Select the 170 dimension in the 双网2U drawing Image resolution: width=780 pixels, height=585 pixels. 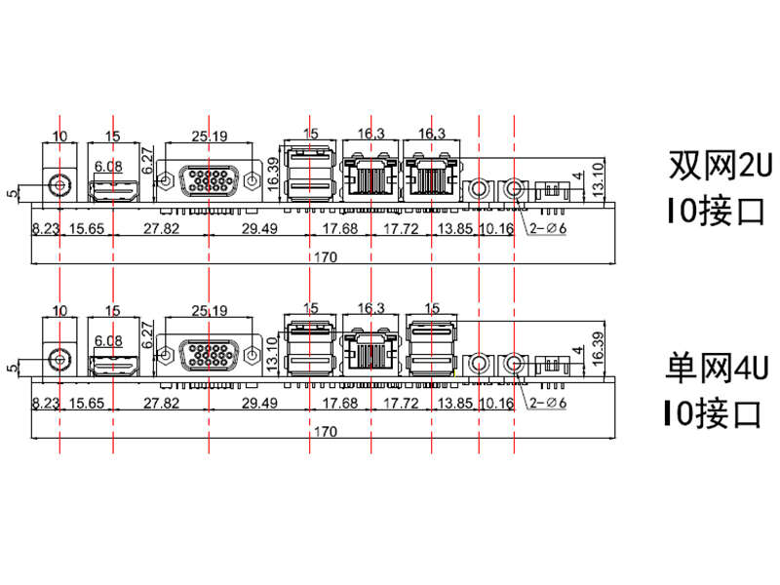326,257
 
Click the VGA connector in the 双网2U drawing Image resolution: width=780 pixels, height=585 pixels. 210,180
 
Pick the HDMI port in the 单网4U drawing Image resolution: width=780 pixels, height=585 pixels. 113,365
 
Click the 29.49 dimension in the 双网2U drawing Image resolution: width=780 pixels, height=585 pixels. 258,229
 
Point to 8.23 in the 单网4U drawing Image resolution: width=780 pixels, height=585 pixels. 45,403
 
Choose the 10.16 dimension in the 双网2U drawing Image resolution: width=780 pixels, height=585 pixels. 496,229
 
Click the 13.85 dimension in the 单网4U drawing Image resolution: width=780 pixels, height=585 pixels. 455,403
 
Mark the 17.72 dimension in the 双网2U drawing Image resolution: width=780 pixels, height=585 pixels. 401,229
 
